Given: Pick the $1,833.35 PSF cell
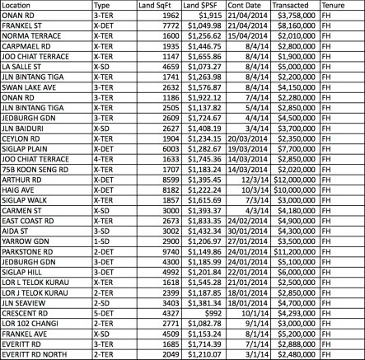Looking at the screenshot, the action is [202, 220].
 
